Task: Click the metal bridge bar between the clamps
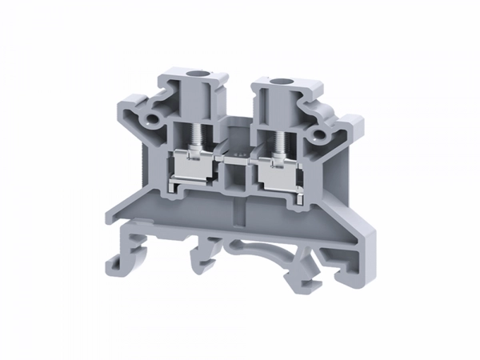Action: point(237,160)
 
